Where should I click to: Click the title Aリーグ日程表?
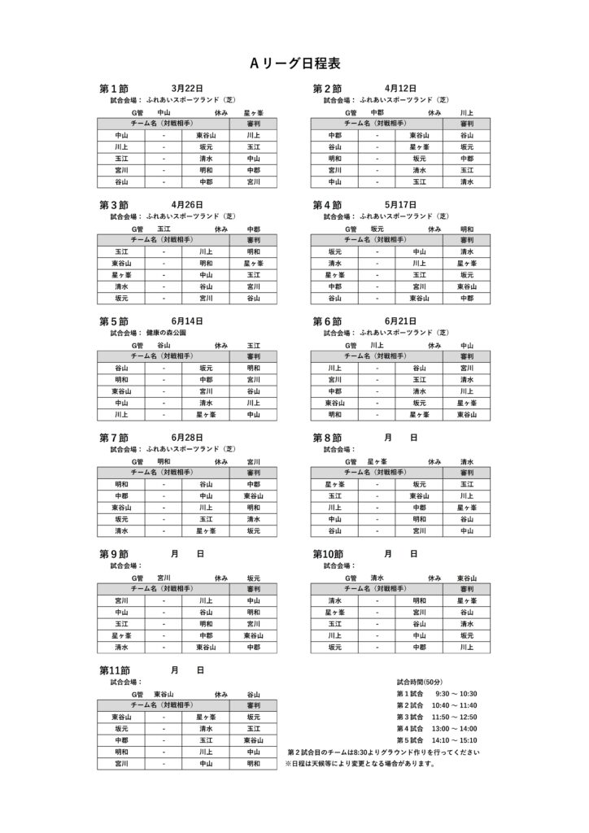pyautogui.click(x=294, y=63)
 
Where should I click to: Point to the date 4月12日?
pyautogui.click(x=400, y=88)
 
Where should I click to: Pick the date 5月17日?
pyautogui.click(x=400, y=205)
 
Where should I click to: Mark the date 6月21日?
pyautogui.click(x=400, y=321)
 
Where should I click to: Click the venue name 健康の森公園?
pyautogui.click(x=167, y=333)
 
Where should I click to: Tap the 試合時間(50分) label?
pyautogui.click(x=420, y=681)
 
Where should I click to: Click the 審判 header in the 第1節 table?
pyautogui.click(x=253, y=123)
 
